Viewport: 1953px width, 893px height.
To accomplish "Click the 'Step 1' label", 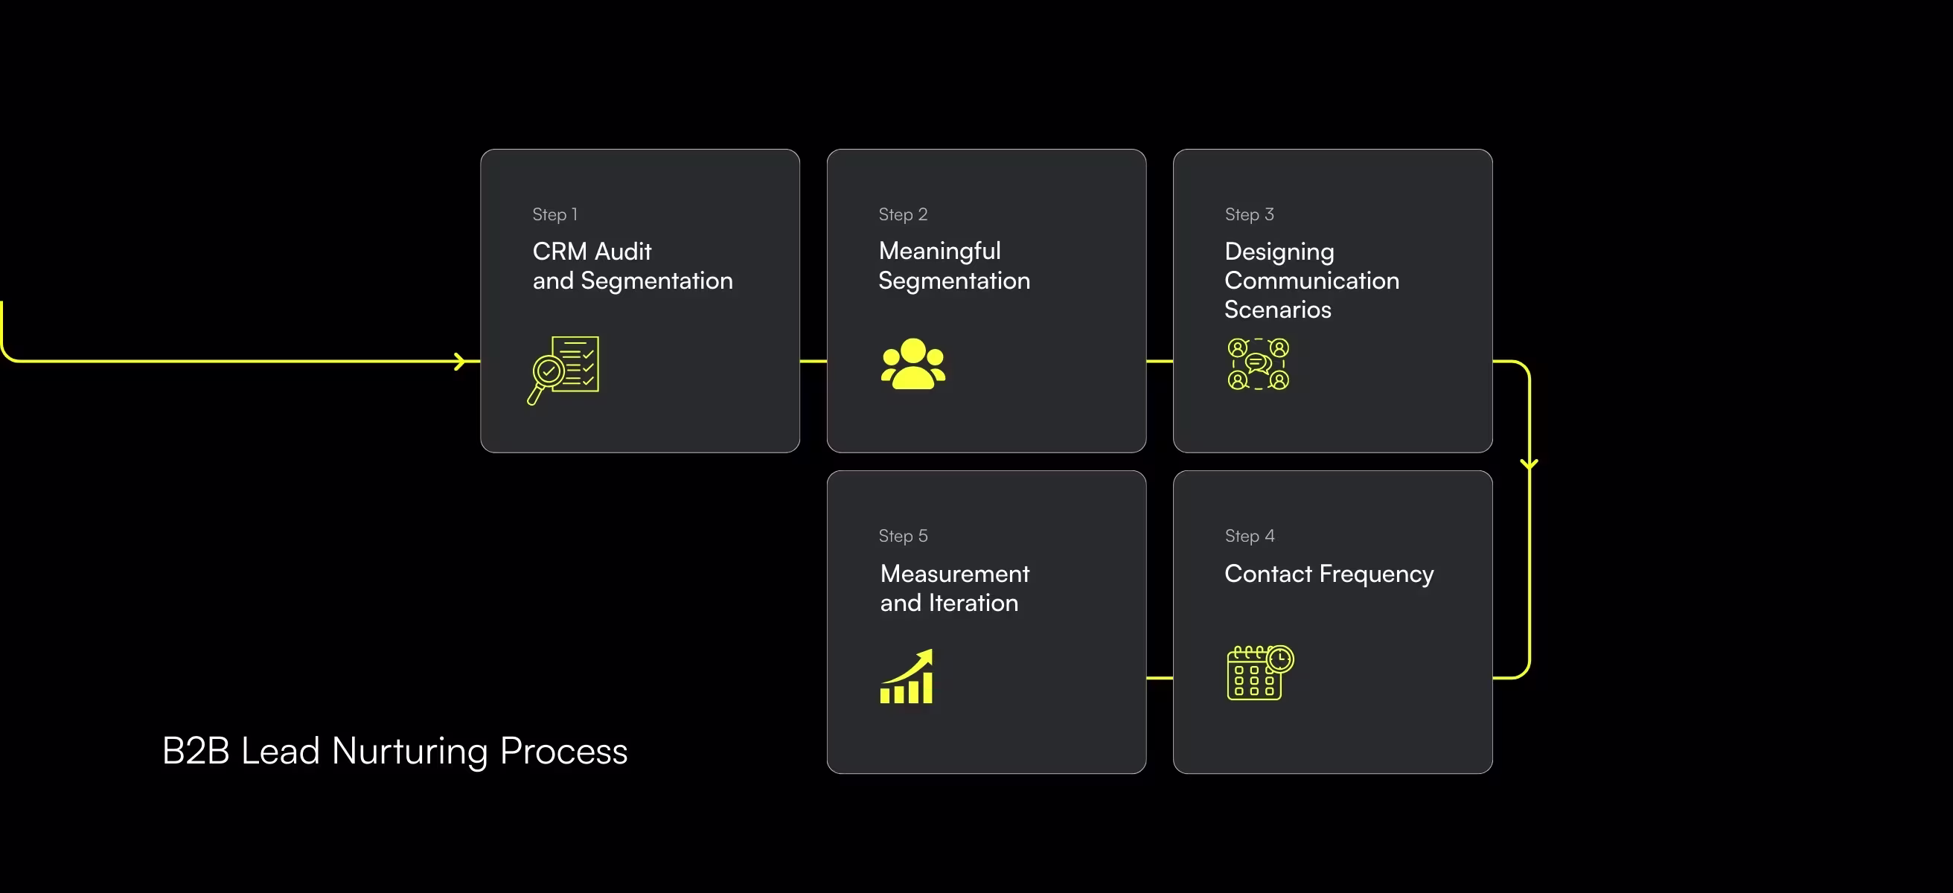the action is pos(555,214).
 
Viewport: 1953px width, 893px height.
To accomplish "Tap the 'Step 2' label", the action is pos(903,214).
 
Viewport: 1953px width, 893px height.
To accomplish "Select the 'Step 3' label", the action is pos(1250,214).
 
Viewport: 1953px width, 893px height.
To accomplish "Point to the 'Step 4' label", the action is pos(1250,536).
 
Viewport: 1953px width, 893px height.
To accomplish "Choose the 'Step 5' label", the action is pos(903,536).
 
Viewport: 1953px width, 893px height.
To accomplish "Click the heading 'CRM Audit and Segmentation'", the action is pos(633,266).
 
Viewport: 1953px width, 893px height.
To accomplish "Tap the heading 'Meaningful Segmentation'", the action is pos(953,266).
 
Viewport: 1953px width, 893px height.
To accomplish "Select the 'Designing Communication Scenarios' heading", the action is pos(1311,281).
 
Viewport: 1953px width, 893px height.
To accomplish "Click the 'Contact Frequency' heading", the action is pos(1329,574).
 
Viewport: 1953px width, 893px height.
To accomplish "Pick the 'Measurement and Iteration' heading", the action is pos(954,588).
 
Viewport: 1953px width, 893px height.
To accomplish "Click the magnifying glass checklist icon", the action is pos(563,370).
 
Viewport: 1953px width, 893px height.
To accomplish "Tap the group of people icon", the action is pos(912,364).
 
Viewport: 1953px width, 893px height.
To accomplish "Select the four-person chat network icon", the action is pos(1259,364).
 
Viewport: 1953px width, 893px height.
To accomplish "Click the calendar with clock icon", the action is pos(1260,673).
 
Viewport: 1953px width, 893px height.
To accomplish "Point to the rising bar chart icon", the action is pos(907,676).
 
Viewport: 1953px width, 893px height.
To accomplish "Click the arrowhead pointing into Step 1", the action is pos(459,362).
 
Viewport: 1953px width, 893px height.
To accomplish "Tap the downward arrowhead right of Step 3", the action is pos(1530,463).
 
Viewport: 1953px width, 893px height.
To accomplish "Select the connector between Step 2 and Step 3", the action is pos(1159,362).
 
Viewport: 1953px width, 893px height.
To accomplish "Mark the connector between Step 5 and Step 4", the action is pos(1159,678).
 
